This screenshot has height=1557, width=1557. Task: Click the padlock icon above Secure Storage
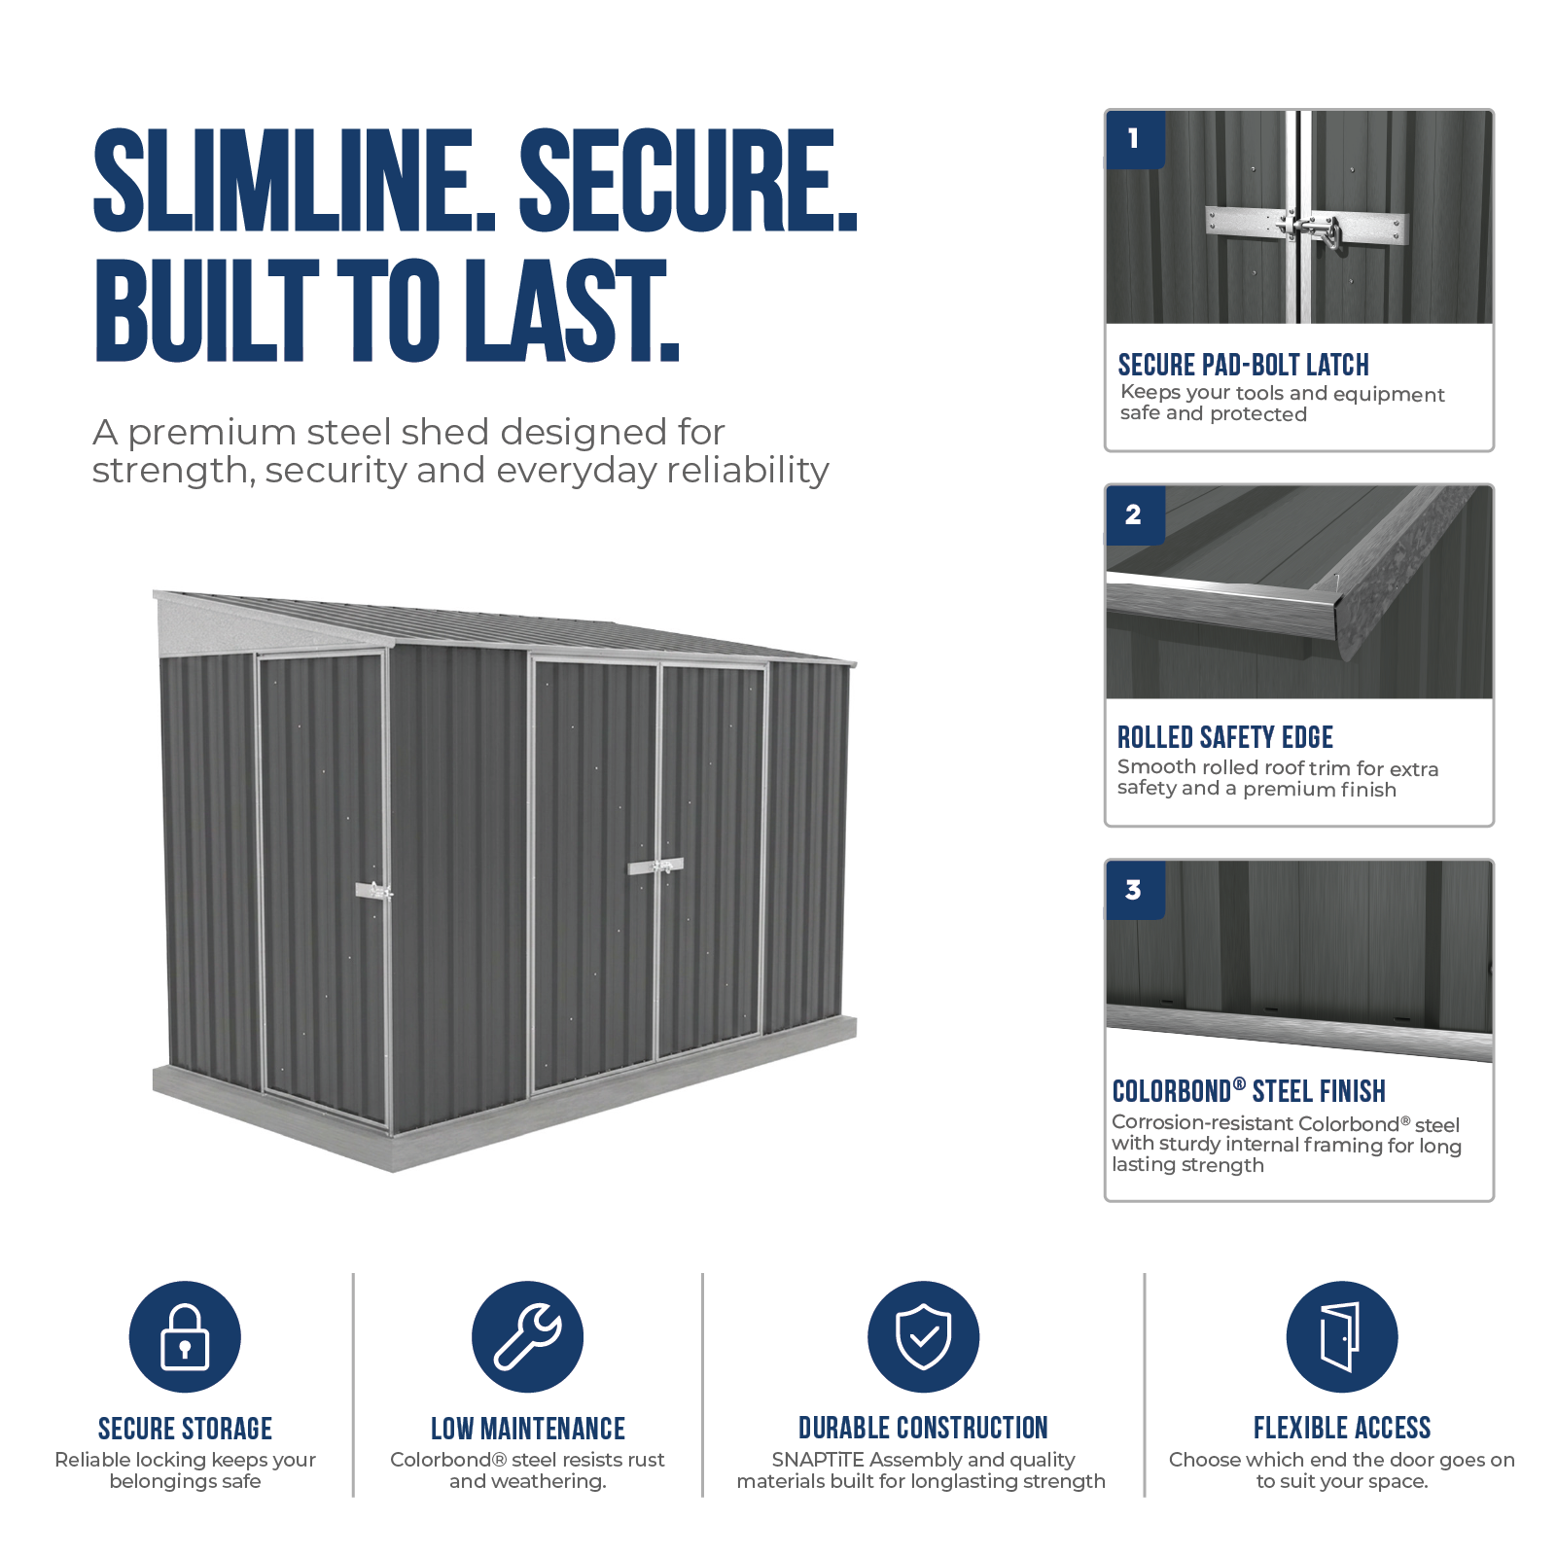coord(185,1336)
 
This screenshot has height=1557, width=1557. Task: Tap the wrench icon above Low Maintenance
coord(527,1336)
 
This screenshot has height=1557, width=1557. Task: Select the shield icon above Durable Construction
coord(923,1336)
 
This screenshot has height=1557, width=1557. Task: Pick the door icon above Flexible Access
coord(1341,1336)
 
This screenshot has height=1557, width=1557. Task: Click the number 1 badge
coord(1135,139)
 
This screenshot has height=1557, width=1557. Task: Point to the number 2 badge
coord(1135,515)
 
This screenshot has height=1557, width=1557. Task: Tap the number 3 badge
coord(1135,890)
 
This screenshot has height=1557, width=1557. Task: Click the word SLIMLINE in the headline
coord(295,181)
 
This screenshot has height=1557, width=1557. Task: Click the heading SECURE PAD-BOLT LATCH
coord(1243,365)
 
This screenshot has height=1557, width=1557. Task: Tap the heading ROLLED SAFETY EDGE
coord(1224,737)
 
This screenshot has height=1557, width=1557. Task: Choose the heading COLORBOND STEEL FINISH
coord(1249,1090)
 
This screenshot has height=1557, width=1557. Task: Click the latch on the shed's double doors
coord(656,866)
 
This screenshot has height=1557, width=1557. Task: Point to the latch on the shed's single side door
coord(374,890)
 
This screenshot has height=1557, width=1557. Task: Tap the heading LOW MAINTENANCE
coord(528,1429)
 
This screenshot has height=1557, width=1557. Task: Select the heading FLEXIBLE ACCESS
coord(1342,1428)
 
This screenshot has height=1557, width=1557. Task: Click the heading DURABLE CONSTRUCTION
coord(923,1428)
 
